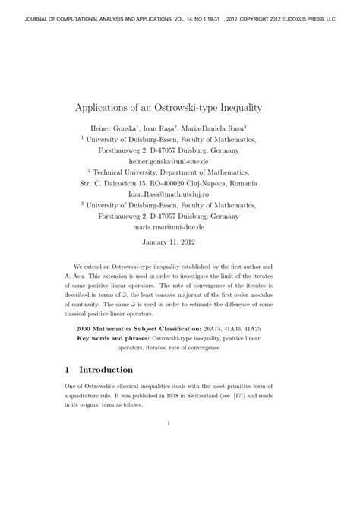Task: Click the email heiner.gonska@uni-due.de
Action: point(179,161)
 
